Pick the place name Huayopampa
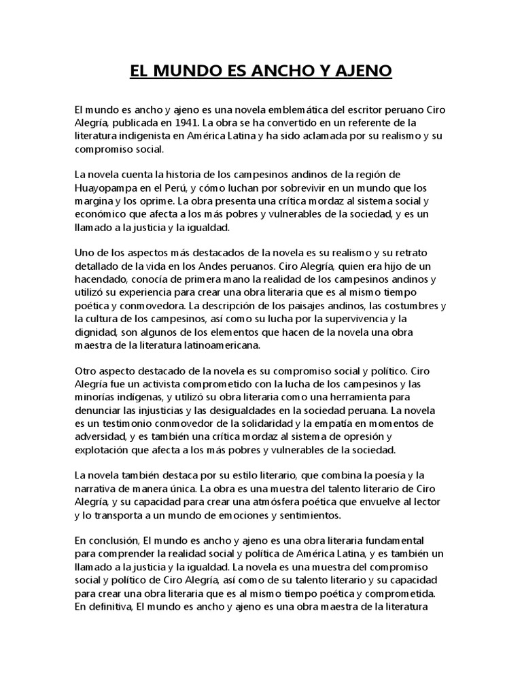click(x=109, y=188)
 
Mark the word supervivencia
click(x=375, y=319)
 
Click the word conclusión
click(x=111, y=540)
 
